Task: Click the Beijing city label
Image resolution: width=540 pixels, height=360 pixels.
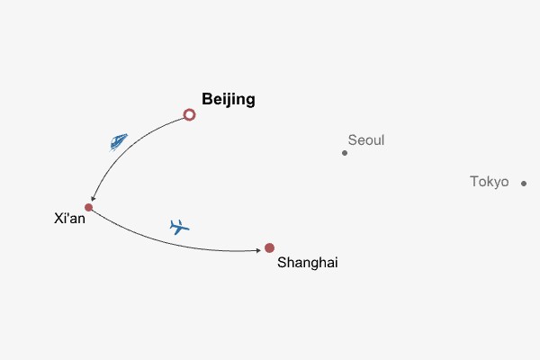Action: (x=229, y=99)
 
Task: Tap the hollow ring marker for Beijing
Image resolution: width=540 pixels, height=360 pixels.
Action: (x=189, y=114)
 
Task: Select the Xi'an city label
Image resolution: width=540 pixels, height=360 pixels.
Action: (x=69, y=218)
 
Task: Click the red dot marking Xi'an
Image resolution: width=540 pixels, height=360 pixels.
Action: (x=88, y=207)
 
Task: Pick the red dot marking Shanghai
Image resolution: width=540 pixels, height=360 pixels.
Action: (x=269, y=247)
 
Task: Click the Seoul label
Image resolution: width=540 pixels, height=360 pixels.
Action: (x=365, y=140)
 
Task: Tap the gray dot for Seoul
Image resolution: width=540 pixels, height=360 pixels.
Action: (x=345, y=153)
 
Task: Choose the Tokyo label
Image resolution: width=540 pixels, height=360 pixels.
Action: (x=489, y=182)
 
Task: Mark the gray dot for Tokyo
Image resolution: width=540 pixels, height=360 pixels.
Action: (x=524, y=184)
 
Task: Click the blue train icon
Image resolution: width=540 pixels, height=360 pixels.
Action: (x=118, y=141)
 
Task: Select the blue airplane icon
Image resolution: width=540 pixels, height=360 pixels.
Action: (x=180, y=226)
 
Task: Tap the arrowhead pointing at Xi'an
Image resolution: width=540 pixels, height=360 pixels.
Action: (x=92, y=199)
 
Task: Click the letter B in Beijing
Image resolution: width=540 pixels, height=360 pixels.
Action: (x=207, y=99)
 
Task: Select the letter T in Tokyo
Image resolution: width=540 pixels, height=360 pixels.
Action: (x=474, y=182)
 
